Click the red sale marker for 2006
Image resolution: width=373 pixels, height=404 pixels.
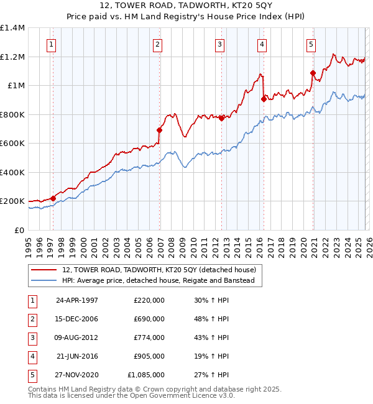pyautogui.click(x=159, y=131)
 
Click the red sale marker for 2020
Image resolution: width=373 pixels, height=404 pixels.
pyautogui.click(x=313, y=73)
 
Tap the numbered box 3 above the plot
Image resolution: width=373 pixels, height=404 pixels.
pyautogui.click(x=220, y=44)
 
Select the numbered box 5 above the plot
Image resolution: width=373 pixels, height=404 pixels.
pyautogui.click(x=310, y=44)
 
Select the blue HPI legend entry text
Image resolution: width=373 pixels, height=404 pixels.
pyautogui.click(x=162, y=281)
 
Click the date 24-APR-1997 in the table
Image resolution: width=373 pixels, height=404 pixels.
pyautogui.click(x=76, y=300)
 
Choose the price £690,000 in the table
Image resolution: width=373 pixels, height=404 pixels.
pyautogui.click(x=149, y=318)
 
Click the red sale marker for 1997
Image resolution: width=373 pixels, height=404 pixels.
pyautogui.click(x=53, y=198)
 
